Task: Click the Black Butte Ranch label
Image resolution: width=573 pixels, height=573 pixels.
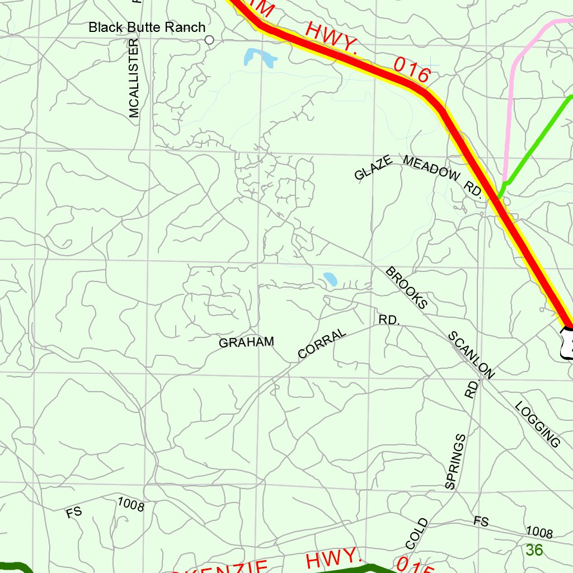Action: (147, 27)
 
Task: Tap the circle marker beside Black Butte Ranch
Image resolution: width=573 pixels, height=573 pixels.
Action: (210, 40)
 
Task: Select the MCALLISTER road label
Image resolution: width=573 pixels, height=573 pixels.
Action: (134, 78)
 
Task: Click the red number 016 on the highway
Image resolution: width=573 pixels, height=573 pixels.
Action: (412, 70)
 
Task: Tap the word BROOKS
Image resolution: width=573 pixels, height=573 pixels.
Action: (407, 288)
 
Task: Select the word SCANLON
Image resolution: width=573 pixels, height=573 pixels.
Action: (471, 355)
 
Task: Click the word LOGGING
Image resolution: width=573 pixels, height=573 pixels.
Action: (537, 424)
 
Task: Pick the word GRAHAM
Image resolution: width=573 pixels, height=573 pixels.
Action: (246, 342)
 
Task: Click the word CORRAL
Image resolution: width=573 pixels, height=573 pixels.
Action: (322, 344)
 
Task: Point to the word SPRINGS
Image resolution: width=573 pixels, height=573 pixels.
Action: (455, 462)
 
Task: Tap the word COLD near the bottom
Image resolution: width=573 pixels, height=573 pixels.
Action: (417, 534)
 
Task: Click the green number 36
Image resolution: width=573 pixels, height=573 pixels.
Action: (534, 551)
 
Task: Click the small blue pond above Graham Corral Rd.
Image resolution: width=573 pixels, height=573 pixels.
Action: (330, 279)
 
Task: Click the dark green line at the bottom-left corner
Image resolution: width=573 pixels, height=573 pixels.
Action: (14, 566)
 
